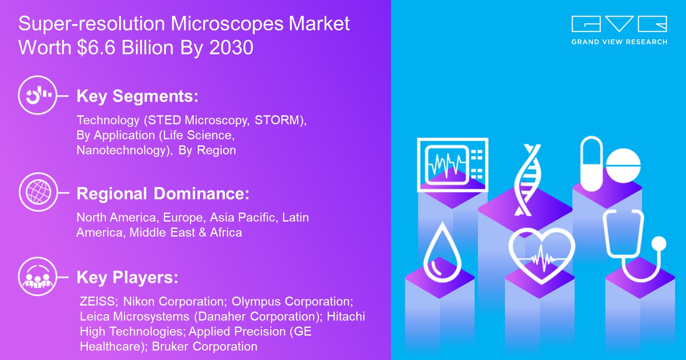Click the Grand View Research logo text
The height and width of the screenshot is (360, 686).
[x=619, y=42]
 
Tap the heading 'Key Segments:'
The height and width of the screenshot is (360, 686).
[x=137, y=96]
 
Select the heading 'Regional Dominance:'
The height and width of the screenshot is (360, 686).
[x=163, y=194]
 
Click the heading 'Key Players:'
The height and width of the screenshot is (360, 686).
[x=127, y=277]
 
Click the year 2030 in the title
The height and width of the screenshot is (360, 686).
[x=231, y=48]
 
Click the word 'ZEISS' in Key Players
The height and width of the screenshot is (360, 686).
[x=98, y=301]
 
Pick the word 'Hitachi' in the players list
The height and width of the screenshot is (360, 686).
[x=346, y=316]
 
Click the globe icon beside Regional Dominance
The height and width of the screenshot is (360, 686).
[x=38, y=192]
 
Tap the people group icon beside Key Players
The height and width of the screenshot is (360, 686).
[x=38, y=276]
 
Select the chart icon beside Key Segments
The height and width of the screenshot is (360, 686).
[x=38, y=95]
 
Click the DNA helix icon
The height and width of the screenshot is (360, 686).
[x=528, y=180]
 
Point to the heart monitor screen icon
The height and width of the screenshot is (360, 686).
[x=452, y=165]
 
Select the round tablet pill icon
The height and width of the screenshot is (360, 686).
[x=623, y=165]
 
